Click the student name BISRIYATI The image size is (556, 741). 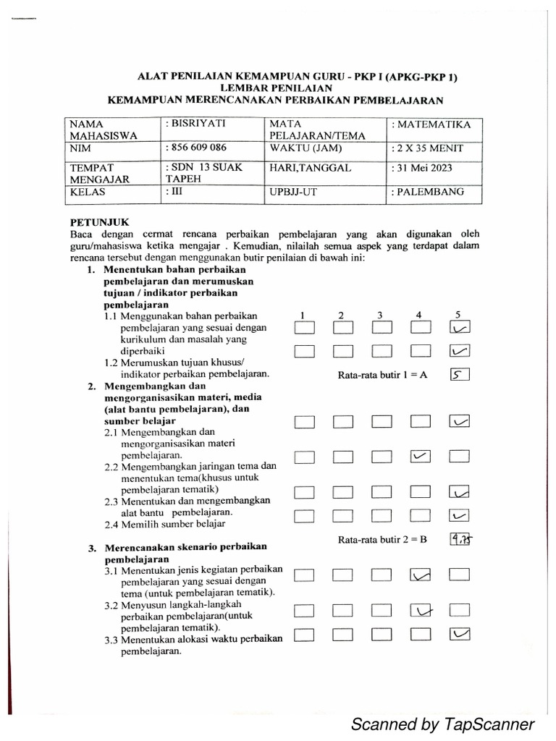pyautogui.click(x=196, y=124)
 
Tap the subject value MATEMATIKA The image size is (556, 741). pyautogui.click(x=434, y=124)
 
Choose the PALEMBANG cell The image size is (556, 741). pyautogui.click(x=431, y=192)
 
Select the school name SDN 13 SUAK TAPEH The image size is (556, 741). pyautogui.click(x=202, y=174)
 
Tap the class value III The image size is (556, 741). pyautogui.click(x=176, y=192)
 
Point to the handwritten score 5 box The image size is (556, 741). pyautogui.click(x=460, y=375)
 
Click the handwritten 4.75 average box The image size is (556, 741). pyautogui.click(x=460, y=540)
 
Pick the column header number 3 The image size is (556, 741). pyautogui.click(x=379, y=315)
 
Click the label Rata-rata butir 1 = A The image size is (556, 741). pyautogui.click(x=383, y=376)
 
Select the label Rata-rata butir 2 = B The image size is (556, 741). pyautogui.click(x=383, y=540)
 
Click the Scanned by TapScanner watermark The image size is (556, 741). pyautogui.click(x=442, y=724)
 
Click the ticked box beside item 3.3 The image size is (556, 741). pyautogui.click(x=460, y=635)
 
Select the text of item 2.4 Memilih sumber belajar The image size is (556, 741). pyautogui.click(x=164, y=524)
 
